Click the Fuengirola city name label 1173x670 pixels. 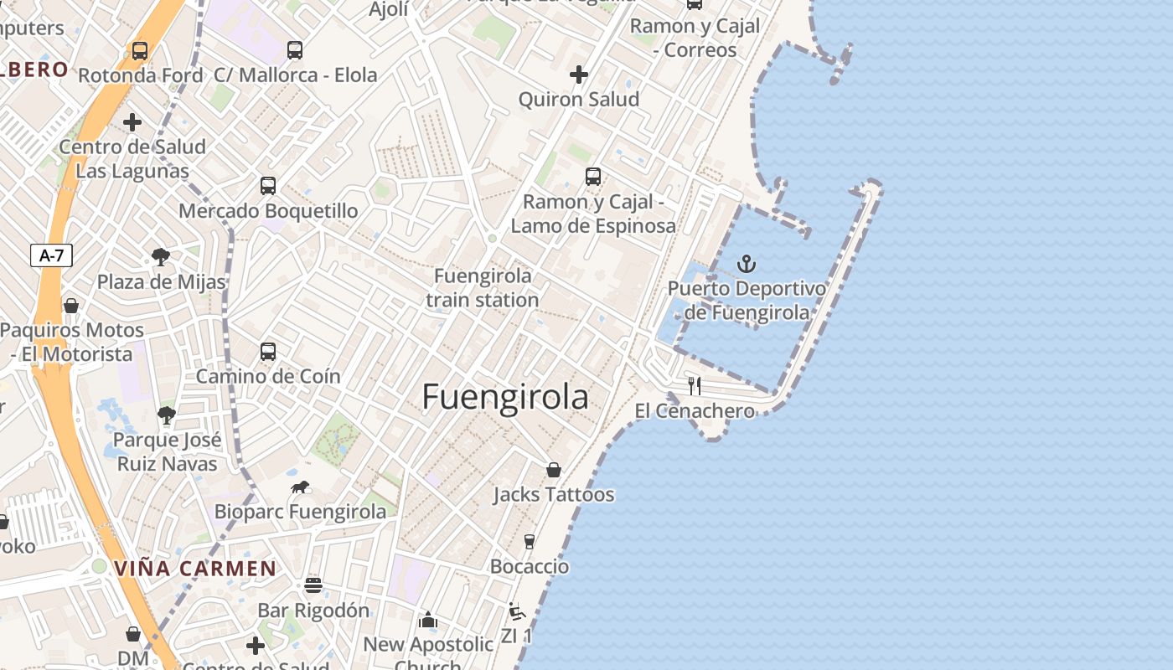[505, 397]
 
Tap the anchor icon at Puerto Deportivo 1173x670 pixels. [746, 265]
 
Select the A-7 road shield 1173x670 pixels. [52, 255]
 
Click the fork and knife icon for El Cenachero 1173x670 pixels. [694, 386]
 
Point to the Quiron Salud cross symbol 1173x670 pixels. [578, 75]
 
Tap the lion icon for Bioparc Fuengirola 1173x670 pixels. [300, 487]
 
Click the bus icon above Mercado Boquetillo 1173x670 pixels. [268, 186]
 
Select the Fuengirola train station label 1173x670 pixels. [483, 287]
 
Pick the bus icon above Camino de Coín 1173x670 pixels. [268, 352]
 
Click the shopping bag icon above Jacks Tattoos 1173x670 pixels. [553, 470]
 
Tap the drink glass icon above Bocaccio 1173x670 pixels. [529, 542]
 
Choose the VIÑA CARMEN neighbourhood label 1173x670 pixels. [195, 569]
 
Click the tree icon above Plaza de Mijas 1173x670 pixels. [161, 257]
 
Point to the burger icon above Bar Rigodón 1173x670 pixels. [313, 585]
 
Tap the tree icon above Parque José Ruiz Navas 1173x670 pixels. [167, 415]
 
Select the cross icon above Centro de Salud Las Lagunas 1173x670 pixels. [132, 122]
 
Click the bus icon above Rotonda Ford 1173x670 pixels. [140, 50]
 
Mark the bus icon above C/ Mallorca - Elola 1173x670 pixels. [295, 50]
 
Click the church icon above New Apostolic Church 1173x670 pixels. [428, 620]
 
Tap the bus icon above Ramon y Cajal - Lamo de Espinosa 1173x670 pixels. [593, 177]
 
